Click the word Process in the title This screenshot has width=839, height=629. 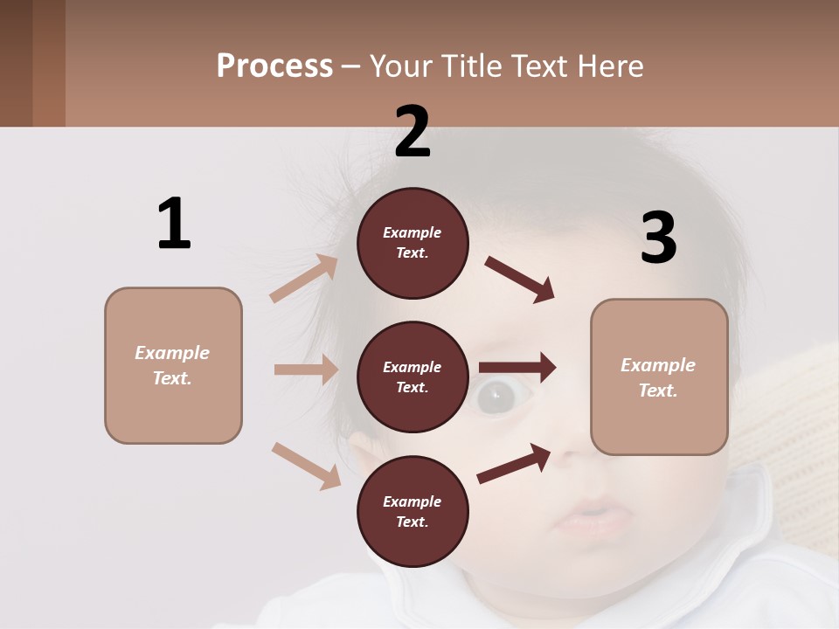274,66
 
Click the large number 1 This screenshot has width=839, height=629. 174,224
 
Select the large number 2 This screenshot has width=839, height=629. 413,132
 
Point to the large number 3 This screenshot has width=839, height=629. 658,238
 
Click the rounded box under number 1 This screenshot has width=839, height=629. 173,365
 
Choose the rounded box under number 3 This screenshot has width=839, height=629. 659,377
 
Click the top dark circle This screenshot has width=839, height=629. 413,243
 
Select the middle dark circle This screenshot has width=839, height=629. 413,377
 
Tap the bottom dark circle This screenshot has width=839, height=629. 413,512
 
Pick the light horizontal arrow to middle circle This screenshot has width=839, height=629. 306,370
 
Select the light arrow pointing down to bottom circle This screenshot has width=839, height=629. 306,465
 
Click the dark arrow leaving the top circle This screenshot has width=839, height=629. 519,280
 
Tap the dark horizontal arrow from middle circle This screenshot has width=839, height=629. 517,368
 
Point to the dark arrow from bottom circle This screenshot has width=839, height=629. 514,463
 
